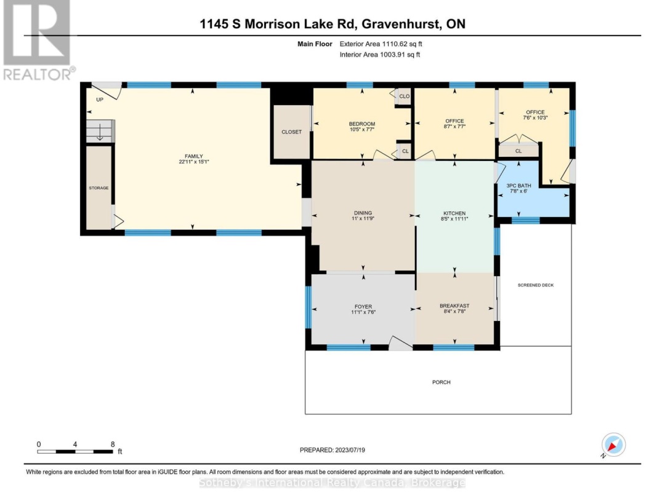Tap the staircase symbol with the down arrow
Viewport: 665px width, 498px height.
(x=99, y=131)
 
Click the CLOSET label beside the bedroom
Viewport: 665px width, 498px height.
(x=291, y=132)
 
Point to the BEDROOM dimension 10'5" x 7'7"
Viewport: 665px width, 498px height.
(x=361, y=130)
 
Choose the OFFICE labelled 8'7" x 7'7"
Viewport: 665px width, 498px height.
(x=454, y=124)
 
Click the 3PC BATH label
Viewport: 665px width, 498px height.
(x=518, y=185)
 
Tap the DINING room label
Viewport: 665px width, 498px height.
(x=361, y=213)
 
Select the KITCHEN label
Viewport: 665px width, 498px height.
(x=454, y=213)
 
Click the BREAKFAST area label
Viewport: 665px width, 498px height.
(x=454, y=306)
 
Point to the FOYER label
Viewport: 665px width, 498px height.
(x=363, y=306)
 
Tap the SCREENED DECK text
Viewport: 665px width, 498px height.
(x=535, y=285)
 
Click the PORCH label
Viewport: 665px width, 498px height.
(x=441, y=382)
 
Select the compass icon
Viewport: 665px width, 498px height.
(x=613, y=445)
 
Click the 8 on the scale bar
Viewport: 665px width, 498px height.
(x=113, y=444)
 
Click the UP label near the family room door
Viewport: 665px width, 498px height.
(x=99, y=99)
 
